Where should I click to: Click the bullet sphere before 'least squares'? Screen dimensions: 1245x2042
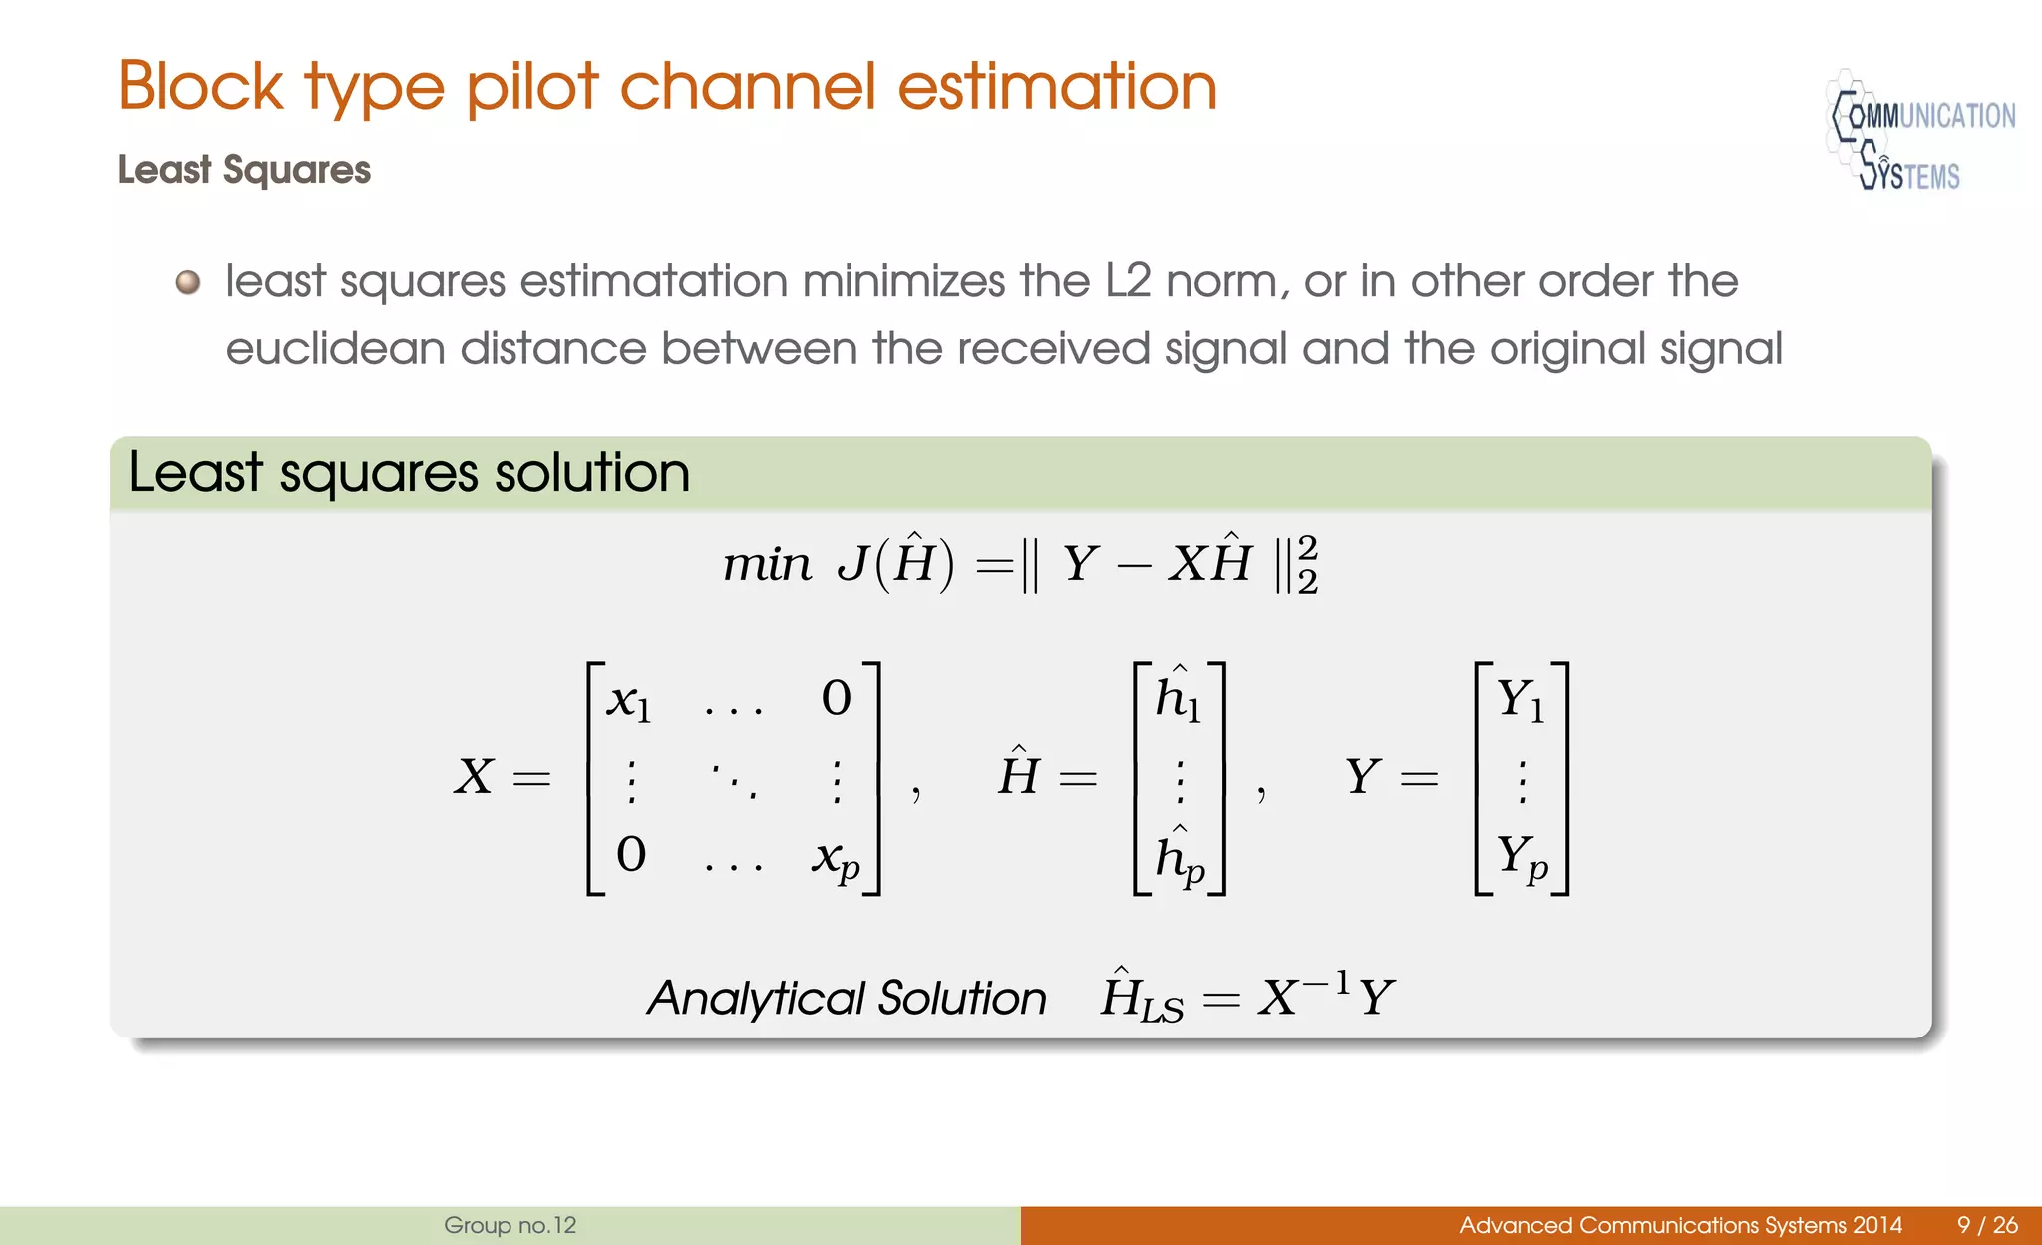(x=188, y=283)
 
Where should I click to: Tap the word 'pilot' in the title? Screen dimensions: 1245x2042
(x=531, y=87)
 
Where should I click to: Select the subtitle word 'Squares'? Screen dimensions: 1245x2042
(x=296, y=170)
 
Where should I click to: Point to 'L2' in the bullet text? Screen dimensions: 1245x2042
(x=1128, y=281)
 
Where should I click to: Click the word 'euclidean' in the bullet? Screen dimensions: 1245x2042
(x=335, y=349)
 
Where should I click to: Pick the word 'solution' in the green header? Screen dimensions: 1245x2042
(x=591, y=472)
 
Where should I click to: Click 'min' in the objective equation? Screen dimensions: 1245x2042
(x=766, y=565)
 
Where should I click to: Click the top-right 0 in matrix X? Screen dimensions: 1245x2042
(x=836, y=699)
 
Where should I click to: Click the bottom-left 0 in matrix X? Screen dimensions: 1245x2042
(x=631, y=855)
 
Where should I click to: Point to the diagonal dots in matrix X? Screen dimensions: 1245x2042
(x=734, y=780)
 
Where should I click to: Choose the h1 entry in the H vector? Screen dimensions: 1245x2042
(x=1178, y=697)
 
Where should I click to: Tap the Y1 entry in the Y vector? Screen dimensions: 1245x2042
(x=1521, y=699)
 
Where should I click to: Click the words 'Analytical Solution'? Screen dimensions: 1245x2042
(x=847, y=998)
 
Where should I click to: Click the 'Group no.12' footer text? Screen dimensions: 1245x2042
(x=510, y=1225)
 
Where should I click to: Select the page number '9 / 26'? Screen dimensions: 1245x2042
(x=1987, y=1225)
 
